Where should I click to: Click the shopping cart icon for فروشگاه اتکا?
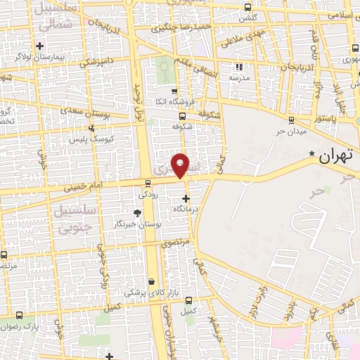(174, 91)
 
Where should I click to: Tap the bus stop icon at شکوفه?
(183, 117)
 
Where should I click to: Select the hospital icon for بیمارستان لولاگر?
(40, 46)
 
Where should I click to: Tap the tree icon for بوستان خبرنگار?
(136, 212)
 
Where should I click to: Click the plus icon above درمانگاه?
(186, 199)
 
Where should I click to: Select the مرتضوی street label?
(175, 243)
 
